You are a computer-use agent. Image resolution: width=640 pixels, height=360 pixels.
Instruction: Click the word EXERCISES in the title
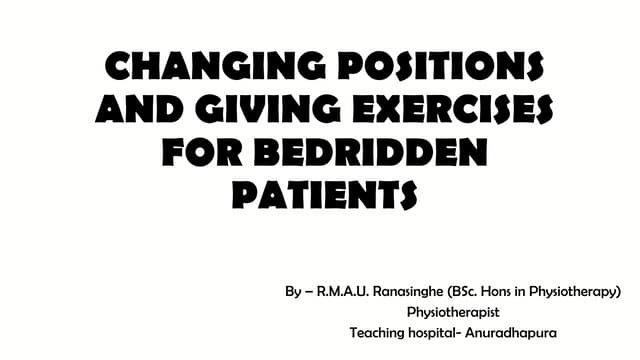(449, 108)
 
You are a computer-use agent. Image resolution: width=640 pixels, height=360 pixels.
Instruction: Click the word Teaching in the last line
(378, 332)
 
